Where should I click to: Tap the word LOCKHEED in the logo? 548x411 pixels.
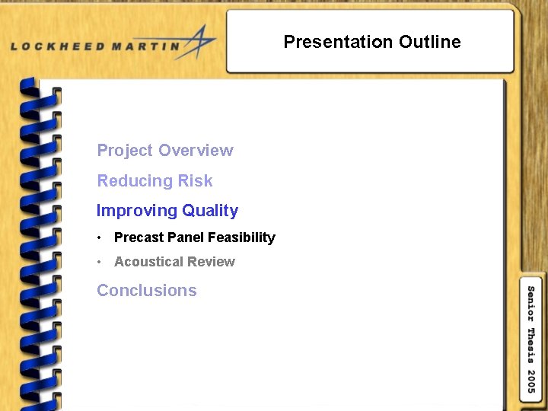[58, 46]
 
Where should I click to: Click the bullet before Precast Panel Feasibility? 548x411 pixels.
[100, 237]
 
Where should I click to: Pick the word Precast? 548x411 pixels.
[139, 237]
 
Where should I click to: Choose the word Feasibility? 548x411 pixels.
[241, 237]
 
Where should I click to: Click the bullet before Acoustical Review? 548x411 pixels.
[100, 262]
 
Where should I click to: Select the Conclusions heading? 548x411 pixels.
[147, 291]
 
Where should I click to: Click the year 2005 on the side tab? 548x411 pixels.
[530, 381]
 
